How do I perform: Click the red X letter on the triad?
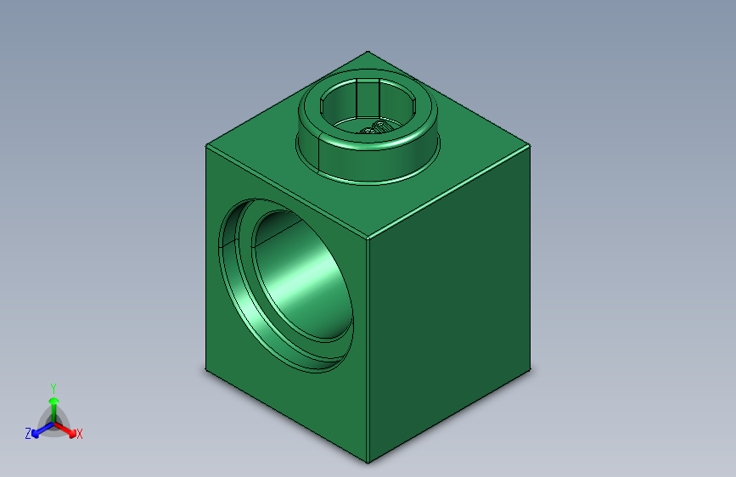(x=80, y=435)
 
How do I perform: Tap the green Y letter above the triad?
(x=53, y=387)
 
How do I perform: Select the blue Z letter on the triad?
(x=28, y=434)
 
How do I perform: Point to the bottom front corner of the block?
(x=368, y=463)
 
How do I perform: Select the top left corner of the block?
(x=206, y=145)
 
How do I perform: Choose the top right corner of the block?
(x=531, y=146)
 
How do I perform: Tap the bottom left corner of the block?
(x=206, y=370)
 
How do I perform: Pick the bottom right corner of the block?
(x=531, y=371)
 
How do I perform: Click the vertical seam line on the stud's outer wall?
(x=317, y=149)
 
